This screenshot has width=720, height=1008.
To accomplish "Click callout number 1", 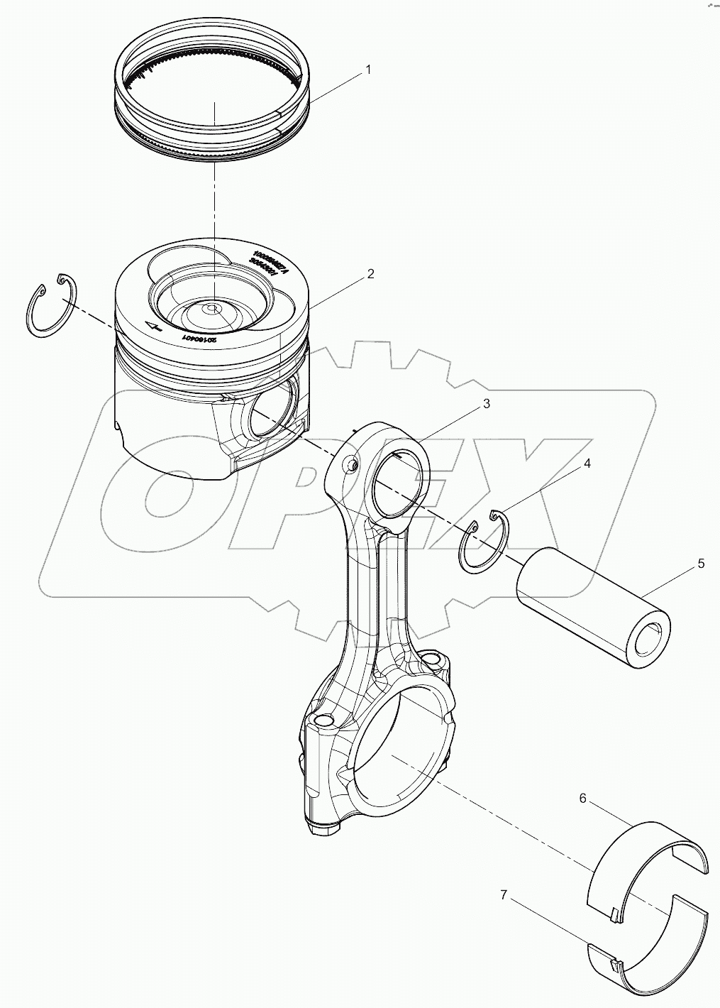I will pos(367,70).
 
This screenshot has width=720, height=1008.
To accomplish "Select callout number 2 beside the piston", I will pos(370,274).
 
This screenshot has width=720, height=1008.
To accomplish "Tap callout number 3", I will pos(485,404).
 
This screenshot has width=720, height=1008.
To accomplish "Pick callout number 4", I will pos(586,464).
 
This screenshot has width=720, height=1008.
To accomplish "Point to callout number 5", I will pos(700,564).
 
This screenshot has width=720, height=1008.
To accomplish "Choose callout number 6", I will pos(582,799).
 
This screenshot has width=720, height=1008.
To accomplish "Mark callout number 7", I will pos(504,896).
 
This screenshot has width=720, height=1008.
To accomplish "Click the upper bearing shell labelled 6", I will pos(649,866).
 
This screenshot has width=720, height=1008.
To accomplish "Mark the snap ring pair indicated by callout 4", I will pos(483,539).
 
